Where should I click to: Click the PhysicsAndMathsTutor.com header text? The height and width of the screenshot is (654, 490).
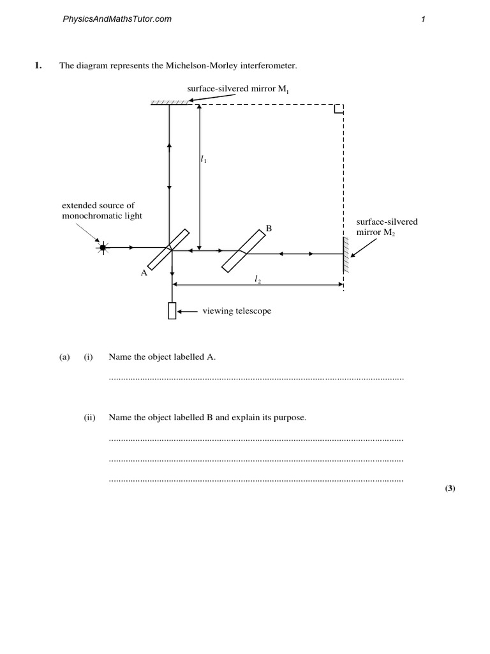pos(117,19)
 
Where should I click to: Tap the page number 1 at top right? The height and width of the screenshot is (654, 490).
pos(423,19)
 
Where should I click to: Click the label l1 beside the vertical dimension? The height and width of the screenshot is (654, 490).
pos(204,161)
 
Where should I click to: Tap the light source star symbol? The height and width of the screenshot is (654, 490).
pos(102,247)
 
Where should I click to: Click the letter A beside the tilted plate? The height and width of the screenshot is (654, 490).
pos(144,273)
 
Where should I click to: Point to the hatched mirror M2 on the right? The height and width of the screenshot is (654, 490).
pos(346,255)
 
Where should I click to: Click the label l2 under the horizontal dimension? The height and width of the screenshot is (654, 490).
pos(258,278)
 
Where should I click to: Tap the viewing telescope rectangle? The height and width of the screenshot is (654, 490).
pos(172,310)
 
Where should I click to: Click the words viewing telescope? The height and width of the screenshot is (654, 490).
pos(237,311)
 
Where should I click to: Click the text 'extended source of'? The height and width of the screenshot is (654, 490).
pos(98,206)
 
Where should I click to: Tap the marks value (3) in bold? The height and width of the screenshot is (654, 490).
pos(450,489)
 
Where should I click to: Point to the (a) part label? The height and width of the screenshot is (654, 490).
pos(64,357)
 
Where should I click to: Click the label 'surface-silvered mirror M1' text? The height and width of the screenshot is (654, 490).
pos(233,89)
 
